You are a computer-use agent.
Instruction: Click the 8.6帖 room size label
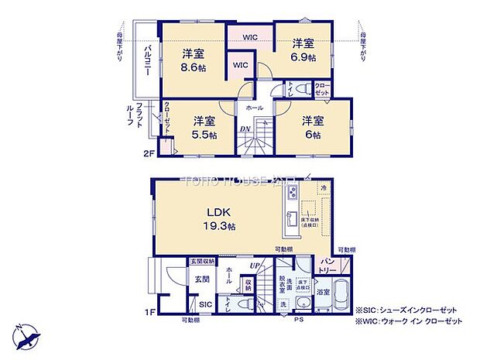coord(194,60)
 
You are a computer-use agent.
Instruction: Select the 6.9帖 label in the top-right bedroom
coord(303,50)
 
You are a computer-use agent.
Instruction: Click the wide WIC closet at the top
coord(249,36)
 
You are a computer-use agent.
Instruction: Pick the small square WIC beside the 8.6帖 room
coord(239,66)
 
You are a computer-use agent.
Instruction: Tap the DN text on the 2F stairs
coord(244,129)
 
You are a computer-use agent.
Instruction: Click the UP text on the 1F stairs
coord(254,267)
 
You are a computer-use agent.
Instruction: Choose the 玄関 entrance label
coord(201,279)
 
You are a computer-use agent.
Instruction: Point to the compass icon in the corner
coord(25,335)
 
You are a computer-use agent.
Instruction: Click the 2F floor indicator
coord(149,154)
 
